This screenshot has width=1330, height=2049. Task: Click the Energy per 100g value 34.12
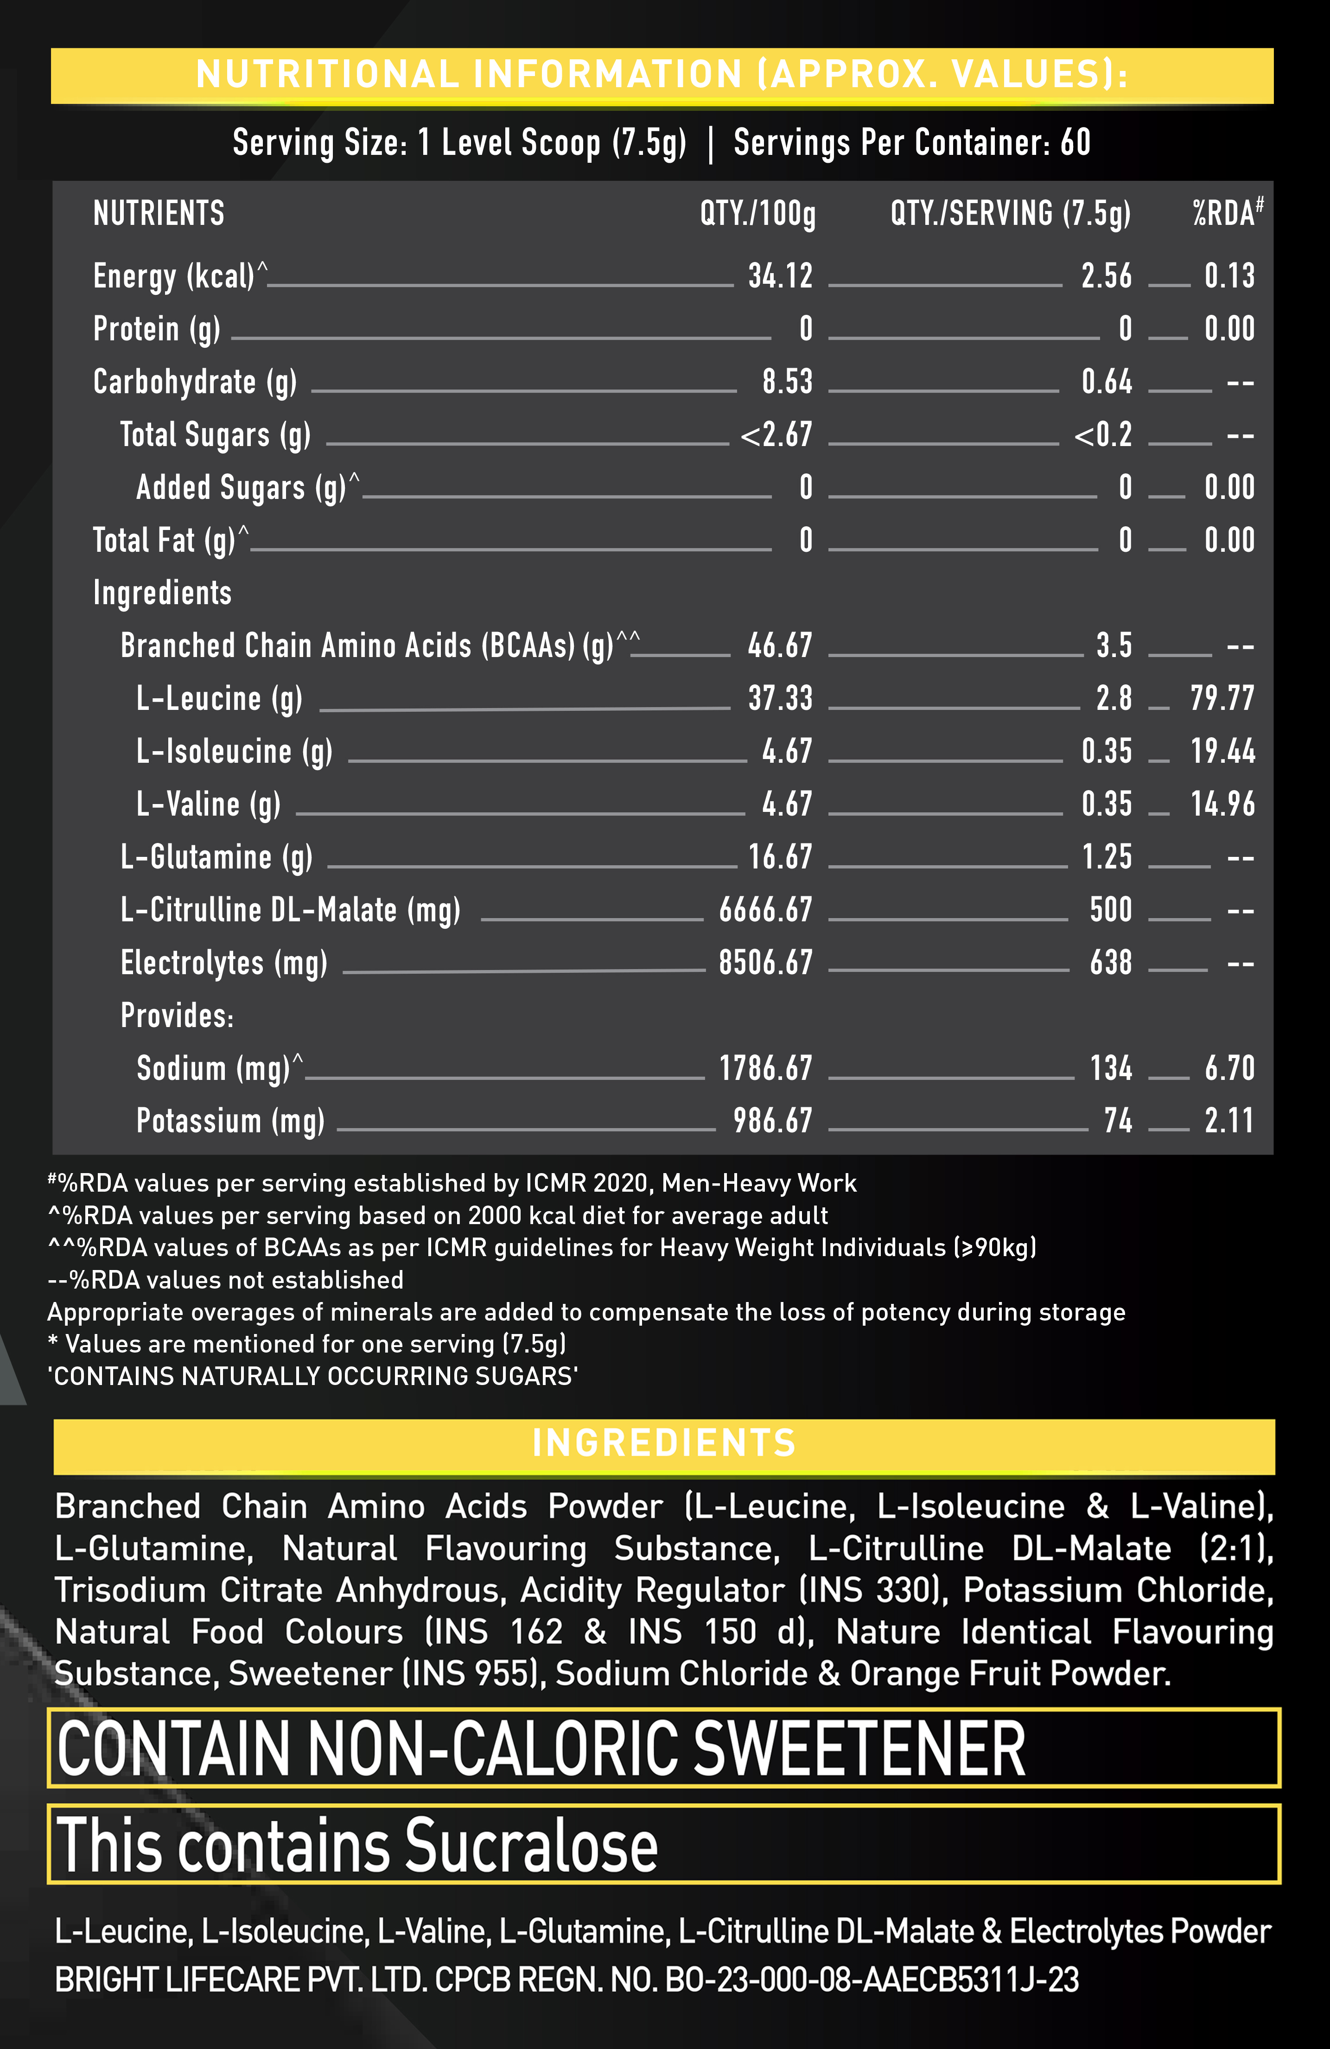pos(780,276)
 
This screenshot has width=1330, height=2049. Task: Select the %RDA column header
pos(1227,213)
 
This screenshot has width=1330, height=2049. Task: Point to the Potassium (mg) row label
pos(231,1121)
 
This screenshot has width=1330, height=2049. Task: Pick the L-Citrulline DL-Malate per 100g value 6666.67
pos(765,910)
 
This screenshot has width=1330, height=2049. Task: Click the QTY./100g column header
pos(757,213)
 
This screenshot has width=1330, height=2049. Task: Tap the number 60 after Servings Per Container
pos(1075,143)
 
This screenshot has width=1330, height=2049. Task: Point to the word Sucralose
pos(531,1845)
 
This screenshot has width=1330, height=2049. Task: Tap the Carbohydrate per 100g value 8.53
pos(787,382)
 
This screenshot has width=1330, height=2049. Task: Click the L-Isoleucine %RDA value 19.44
pos(1222,752)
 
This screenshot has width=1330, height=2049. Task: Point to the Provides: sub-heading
pos(177,1016)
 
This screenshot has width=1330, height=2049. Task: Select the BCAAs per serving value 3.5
pos(1114,646)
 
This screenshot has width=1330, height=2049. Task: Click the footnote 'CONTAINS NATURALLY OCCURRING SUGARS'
pos(312,1376)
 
